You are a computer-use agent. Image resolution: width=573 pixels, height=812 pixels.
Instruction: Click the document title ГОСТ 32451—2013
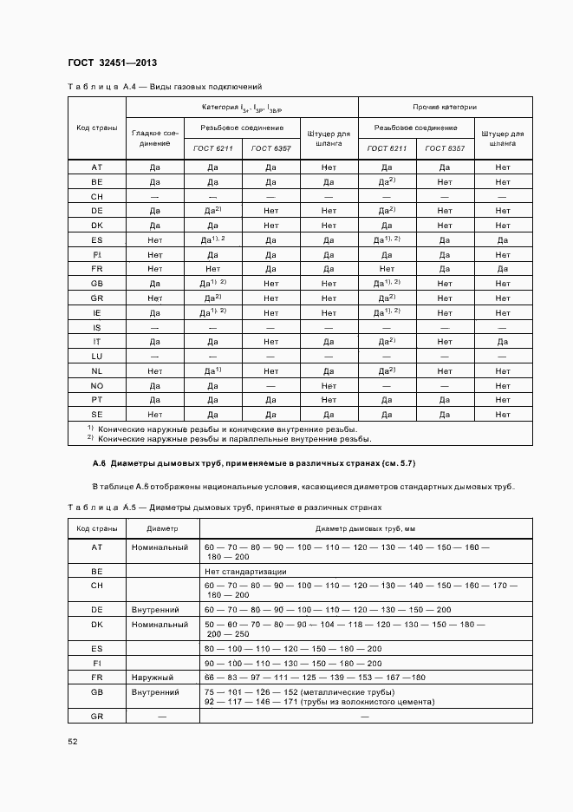(x=112, y=63)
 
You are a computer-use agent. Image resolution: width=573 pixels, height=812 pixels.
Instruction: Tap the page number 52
(x=73, y=740)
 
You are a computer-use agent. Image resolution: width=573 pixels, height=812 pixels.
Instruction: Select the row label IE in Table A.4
(x=97, y=311)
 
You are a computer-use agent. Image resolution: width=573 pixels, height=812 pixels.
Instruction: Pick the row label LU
(x=97, y=356)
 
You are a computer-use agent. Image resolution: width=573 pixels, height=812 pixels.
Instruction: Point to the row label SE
(x=97, y=415)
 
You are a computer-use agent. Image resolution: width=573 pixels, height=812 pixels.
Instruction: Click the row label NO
(x=97, y=385)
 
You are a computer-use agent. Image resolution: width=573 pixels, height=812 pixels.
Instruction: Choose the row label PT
(x=97, y=400)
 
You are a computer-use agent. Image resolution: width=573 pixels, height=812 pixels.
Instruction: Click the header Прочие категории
(x=445, y=108)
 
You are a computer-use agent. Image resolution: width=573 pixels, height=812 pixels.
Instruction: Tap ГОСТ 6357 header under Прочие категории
(x=445, y=148)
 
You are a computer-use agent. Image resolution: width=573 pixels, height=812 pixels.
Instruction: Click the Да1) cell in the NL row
(x=213, y=370)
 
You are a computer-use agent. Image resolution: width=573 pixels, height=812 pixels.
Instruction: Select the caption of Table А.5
(x=224, y=507)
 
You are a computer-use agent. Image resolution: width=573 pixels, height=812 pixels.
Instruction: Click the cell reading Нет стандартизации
(x=245, y=572)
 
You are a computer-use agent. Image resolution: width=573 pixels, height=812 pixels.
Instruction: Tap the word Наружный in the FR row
(x=153, y=677)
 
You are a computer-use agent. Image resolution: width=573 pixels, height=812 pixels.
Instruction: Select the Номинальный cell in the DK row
(x=160, y=625)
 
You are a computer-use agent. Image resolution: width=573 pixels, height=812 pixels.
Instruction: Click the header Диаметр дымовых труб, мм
(x=366, y=528)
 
